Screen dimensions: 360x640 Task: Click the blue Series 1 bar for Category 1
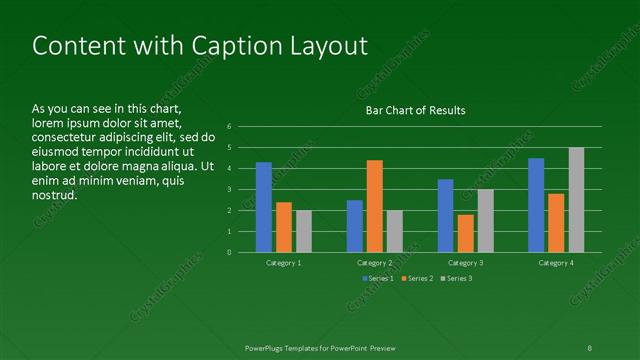click(264, 207)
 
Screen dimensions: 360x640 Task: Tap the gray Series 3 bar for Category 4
click(576, 200)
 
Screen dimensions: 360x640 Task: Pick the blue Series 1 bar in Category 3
click(446, 215)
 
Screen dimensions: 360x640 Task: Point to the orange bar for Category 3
click(466, 233)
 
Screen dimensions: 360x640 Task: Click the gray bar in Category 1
click(304, 231)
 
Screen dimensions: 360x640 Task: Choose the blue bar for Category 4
click(536, 205)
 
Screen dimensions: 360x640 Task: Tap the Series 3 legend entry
click(458, 278)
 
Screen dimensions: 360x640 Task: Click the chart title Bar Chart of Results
click(415, 110)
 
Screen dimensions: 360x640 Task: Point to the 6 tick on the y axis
click(230, 127)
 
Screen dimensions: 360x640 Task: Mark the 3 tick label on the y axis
click(230, 189)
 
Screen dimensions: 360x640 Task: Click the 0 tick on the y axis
click(230, 252)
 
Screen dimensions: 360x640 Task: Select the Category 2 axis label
click(375, 262)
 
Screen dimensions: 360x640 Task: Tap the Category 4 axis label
click(556, 262)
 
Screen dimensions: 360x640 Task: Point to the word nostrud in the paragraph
click(54, 195)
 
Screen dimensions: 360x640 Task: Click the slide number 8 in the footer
click(590, 348)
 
